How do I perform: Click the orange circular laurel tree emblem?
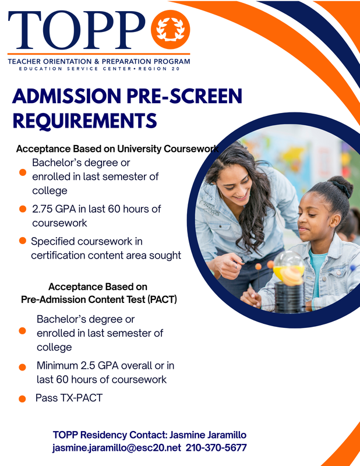click(x=170, y=30)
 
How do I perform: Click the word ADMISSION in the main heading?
click(x=67, y=96)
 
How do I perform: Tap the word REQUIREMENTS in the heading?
click(x=84, y=121)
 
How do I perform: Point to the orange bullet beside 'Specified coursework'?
click(x=23, y=241)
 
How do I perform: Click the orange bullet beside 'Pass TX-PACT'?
click(x=22, y=399)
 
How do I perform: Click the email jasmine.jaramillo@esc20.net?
click(x=117, y=447)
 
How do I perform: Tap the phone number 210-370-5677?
click(x=217, y=447)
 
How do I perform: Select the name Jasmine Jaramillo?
click(x=208, y=435)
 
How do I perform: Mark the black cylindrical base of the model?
click(x=290, y=297)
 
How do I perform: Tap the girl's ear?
click(x=336, y=221)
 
